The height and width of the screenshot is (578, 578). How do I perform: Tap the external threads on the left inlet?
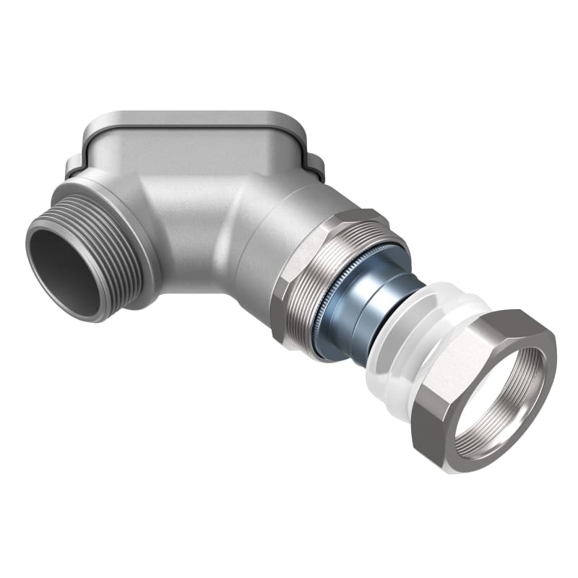tap(116, 238)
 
